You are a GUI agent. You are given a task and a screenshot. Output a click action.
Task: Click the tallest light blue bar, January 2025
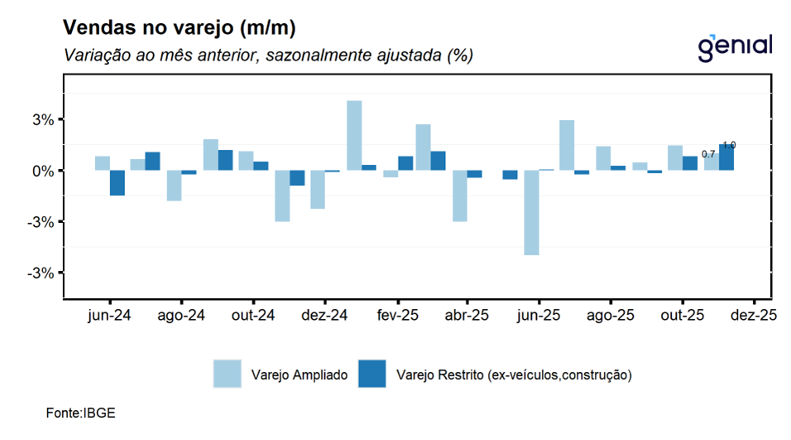[x=354, y=135]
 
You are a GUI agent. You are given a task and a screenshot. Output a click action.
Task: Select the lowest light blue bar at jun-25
[x=531, y=212]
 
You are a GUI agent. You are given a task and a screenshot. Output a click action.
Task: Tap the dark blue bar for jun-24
[x=117, y=182]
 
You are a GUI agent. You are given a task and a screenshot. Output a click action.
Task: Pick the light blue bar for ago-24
[x=174, y=186]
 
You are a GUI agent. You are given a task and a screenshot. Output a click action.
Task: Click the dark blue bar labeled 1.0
[x=726, y=158]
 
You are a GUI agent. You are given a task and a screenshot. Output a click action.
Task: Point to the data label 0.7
[x=708, y=154]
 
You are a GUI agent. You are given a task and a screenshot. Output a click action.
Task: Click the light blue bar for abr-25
[x=459, y=196]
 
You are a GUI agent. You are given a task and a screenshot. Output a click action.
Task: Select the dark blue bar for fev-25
[x=405, y=163]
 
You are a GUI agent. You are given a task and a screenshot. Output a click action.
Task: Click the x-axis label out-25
[x=682, y=316]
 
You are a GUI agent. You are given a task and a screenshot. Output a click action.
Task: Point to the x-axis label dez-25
[x=754, y=316]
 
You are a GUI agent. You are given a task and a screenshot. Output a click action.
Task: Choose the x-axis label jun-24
[x=109, y=316]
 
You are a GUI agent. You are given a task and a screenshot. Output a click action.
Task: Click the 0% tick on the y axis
[x=43, y=171]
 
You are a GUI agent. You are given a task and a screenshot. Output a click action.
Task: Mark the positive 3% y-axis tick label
[x=43, y=119]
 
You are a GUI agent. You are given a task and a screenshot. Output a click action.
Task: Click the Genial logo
[x=735, y=46]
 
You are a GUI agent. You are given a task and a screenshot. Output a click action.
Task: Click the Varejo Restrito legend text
[x=514, y=375]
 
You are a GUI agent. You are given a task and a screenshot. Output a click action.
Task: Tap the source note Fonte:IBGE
[x=81, y=413]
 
